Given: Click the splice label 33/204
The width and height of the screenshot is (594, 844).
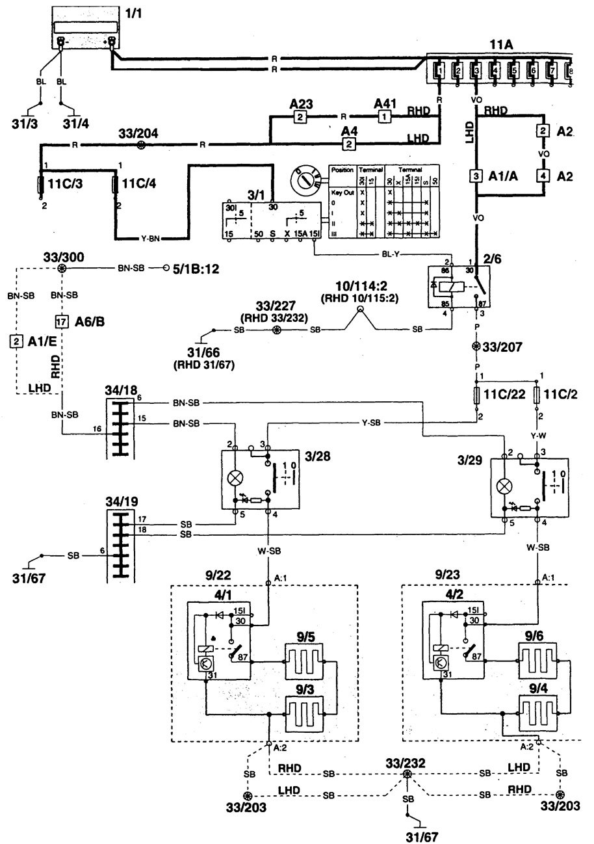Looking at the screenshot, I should coord(136,133).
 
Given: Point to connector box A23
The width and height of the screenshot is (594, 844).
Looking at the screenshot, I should coord(300,117).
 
